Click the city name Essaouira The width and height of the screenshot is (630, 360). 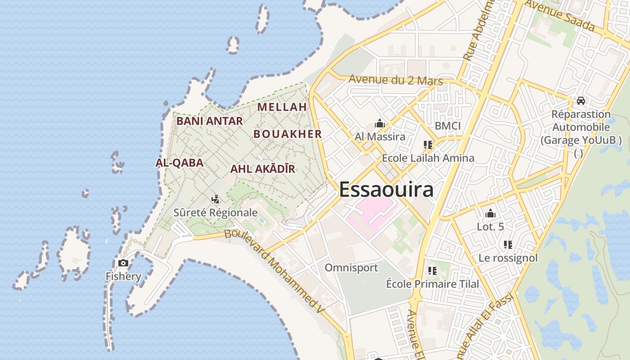point(386,189)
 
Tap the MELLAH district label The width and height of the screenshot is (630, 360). point(282,107)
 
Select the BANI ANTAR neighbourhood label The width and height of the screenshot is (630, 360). point(209,121)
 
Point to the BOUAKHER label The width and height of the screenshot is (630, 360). point(288,134)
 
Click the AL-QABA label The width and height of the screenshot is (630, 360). point(179,163)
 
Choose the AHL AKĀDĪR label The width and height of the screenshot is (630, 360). point(263,169)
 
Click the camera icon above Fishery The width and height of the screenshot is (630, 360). point(123,263)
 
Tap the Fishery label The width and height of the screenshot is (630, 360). point(123,276)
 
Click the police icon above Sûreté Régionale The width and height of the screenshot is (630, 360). point(216,199)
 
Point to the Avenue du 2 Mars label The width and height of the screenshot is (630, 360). point(396,80)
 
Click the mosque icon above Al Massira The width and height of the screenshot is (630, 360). point(380,123)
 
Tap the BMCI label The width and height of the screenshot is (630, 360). point(448,126)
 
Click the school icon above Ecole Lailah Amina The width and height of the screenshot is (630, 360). point(427,145)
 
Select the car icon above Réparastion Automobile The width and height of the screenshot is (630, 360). point(581,101)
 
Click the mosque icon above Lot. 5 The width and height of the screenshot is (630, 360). point(490,213)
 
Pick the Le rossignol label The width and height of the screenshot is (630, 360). point(508,258)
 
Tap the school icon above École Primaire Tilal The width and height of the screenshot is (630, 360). point(432,271)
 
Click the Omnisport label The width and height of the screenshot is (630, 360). point(351,268)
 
